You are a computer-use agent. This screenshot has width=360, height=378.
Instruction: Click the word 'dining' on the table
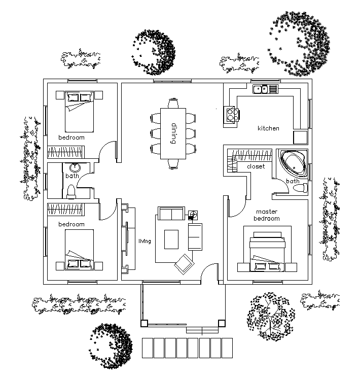pyautogui.click(x=173, y=133)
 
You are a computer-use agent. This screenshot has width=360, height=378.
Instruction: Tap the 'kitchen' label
pyautogui.click(x=268, y=128)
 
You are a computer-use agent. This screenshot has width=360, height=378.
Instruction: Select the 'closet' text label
pyautogui.click(x=256, y=166)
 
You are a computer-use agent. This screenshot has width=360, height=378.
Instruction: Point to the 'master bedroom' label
pyautogui.click(x=267, y=215)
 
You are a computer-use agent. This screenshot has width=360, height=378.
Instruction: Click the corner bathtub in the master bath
pyautogui.click(x=293, y=162)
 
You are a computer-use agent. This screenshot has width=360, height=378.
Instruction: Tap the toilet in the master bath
pyautogui.click(x=301, y=188)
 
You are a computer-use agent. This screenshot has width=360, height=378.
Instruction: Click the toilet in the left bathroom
pyautogui.click(x=71, y=191)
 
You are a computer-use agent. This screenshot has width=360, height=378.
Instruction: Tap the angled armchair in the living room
pyautogui.click(x=184, y=262)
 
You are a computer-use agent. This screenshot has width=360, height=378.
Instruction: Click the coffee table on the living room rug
pyautogui.click(x=171, y=238)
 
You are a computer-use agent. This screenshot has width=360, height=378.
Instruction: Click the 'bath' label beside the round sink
pyautogui.click(x=71, y=176)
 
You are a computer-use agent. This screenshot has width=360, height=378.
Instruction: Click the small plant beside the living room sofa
pyautogui.click(x=193, y=215)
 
